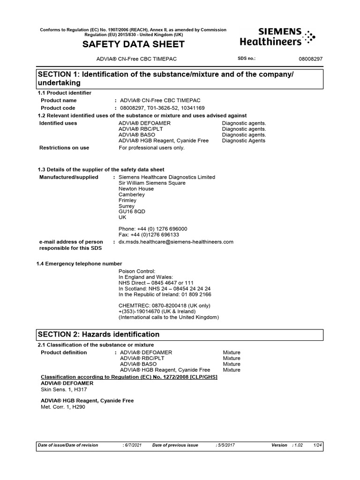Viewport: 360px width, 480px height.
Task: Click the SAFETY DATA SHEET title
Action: (134, 45)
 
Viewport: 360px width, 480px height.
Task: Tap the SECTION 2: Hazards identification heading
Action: (98, 334)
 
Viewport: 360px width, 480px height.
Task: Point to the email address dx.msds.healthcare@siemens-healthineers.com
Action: (176, 242)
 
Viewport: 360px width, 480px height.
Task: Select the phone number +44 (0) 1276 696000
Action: (153, 229)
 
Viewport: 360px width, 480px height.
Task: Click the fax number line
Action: (149, 234)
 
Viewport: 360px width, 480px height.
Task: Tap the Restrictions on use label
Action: (64, 148)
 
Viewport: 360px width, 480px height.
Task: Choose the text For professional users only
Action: (152, 148)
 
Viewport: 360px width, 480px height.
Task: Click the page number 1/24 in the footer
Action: (317, 445)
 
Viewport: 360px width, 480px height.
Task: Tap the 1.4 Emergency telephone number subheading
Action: (79, 263)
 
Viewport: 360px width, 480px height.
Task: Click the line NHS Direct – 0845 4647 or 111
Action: (156, 283)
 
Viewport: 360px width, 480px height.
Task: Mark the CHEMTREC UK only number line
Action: (165, 306)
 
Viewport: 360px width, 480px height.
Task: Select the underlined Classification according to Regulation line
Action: (129, 377)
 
